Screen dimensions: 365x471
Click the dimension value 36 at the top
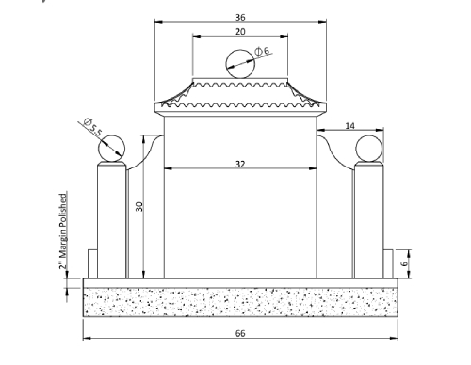(x=240, y=17)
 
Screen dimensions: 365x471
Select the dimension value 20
(x=240, y=31)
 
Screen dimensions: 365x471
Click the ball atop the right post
(x=366, y=148)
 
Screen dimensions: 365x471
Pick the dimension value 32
(x=240, y=164)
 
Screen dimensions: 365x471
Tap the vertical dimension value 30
(x=138, y=207)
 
